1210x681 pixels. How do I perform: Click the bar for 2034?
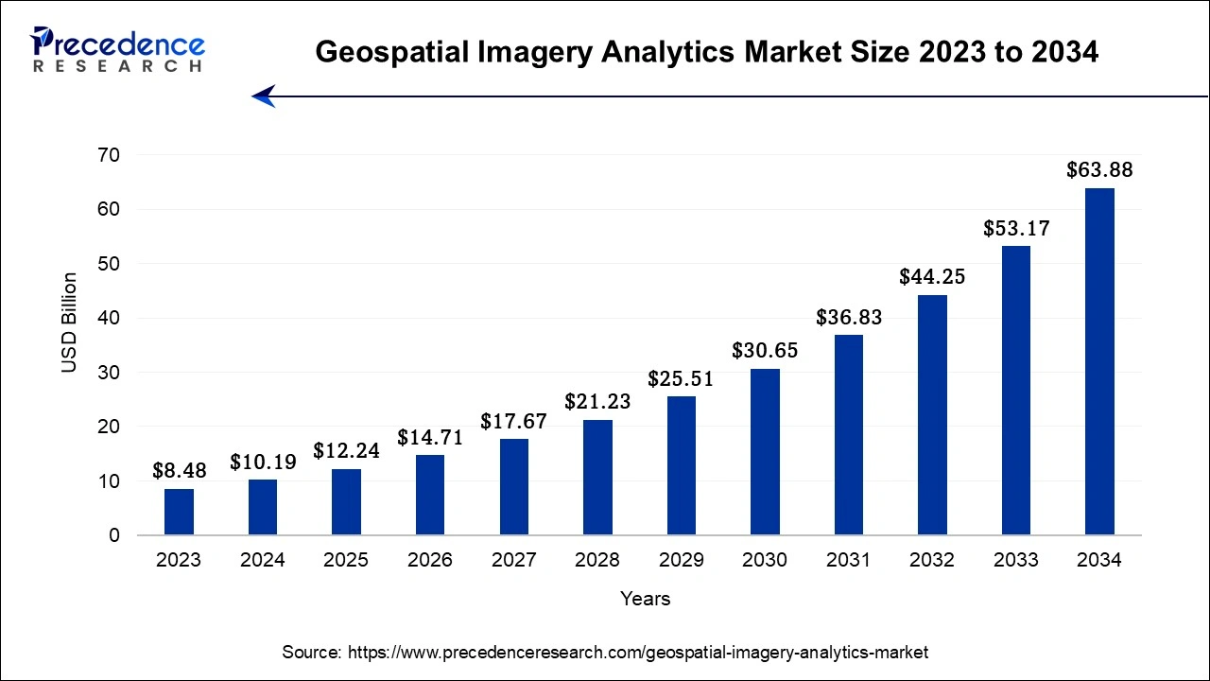1099,361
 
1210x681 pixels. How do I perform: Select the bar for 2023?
179,512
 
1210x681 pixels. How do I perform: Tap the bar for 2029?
681,465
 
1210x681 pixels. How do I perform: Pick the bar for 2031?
848,435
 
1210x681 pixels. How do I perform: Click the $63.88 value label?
1099,170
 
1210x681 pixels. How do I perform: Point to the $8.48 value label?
179,470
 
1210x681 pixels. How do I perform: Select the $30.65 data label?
765,351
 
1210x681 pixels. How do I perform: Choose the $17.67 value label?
513,421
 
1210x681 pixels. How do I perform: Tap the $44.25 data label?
932,277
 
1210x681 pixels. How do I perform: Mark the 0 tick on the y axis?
113,535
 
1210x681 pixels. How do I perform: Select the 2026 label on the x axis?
430,560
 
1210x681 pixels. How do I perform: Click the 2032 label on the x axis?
932,560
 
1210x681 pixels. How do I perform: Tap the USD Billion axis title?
70,322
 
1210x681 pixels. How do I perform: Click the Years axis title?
646,599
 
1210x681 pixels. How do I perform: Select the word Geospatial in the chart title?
384,53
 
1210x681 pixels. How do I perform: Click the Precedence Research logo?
117,49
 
